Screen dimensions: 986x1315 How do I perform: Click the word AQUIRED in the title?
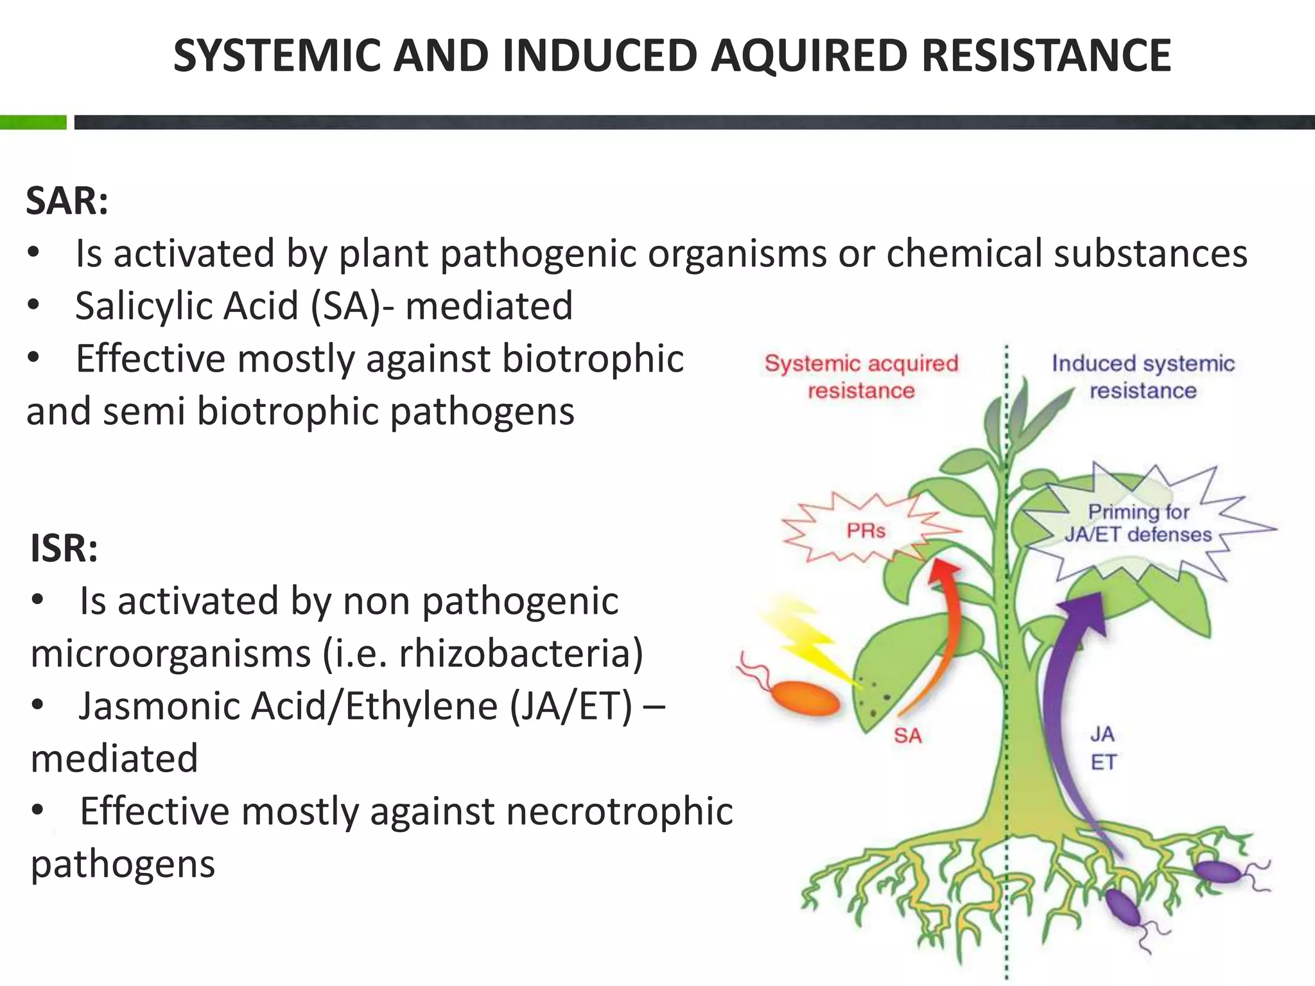click(810, 56)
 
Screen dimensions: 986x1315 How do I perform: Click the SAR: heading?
click(67, 201)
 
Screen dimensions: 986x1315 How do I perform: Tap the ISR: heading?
click(64, 549)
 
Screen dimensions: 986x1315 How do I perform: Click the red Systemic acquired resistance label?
click(861, 377)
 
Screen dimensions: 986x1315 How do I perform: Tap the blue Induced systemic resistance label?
click(1143, 377)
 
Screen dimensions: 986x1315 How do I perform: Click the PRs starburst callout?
click(866, 531)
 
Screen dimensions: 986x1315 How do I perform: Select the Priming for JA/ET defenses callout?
click(1138, 523)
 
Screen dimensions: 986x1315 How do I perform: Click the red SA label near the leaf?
click(907, 736)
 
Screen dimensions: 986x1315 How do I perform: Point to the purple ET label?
click(1103, 763)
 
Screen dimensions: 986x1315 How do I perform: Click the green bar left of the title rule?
click(33, 122)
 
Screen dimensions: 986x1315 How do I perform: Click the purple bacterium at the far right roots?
click(1217, 872)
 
